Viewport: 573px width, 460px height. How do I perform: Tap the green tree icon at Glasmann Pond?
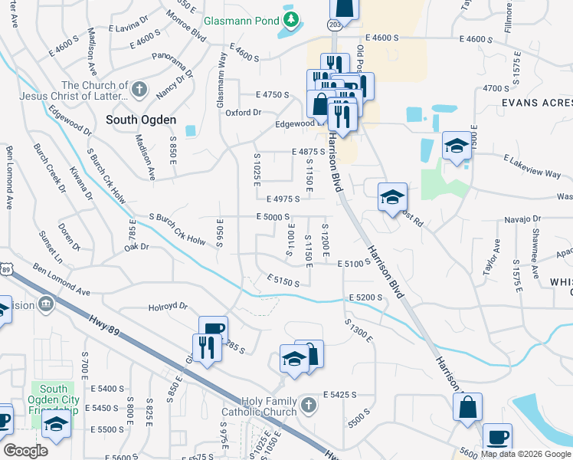(291, 18)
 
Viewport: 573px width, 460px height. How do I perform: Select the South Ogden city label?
(141, 120)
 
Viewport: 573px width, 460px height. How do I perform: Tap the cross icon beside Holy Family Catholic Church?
(307, 404)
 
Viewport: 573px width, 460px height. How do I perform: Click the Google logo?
(26, 451)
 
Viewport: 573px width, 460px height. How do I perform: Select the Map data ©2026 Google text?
(526, 454)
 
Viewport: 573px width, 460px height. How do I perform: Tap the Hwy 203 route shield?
(334, 25)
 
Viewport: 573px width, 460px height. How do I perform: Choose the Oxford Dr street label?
(244, 113)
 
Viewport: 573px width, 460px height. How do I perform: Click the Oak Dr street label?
(136, 248)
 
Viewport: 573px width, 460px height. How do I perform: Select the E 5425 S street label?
(341, 394)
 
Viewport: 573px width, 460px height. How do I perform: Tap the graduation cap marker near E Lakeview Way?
(457, 146)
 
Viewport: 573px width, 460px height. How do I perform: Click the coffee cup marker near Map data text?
(498, 437)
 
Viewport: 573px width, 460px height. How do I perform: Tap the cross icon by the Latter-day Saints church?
(138, 90)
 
